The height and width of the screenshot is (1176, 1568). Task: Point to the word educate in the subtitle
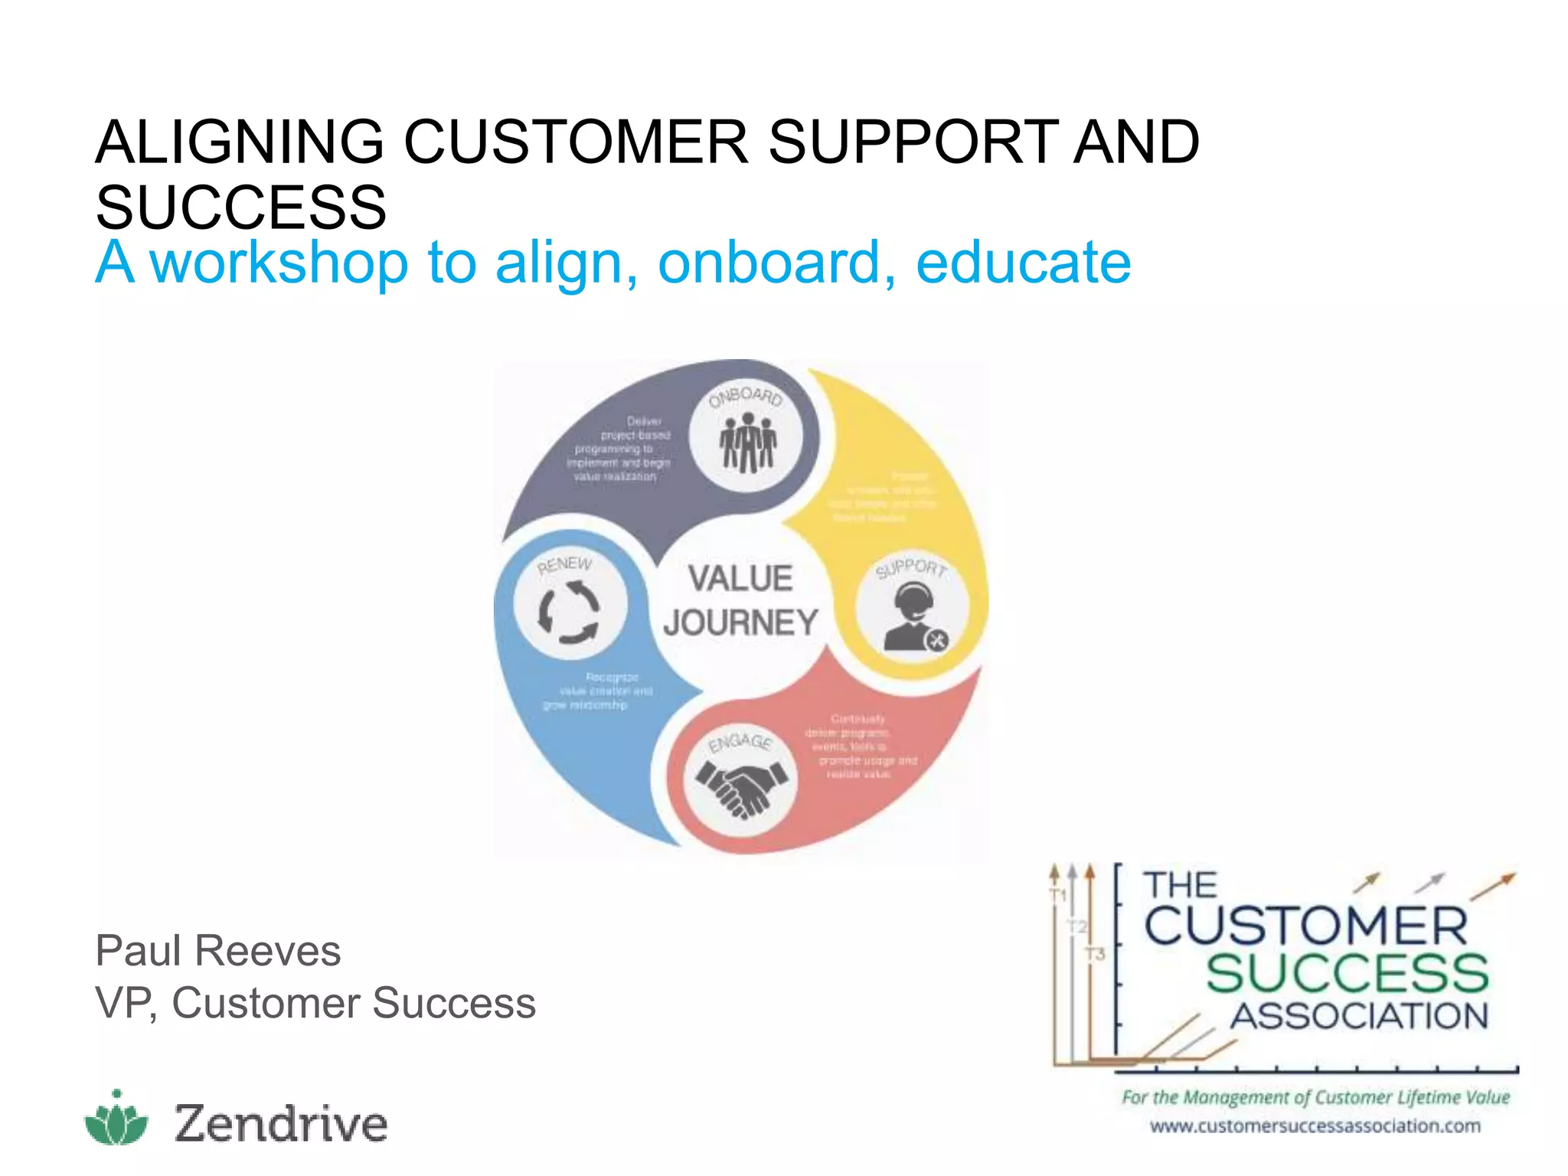(x=1023, y=263)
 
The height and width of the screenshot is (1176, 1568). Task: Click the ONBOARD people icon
(x=747, y=443)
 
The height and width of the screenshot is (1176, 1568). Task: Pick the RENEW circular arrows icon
(x=569, y=611)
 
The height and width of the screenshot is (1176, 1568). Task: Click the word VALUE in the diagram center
(x=740, y=579)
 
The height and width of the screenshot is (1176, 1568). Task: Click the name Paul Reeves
(x=218, y=951)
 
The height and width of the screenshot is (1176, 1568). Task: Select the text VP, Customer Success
(x=315, y=1003)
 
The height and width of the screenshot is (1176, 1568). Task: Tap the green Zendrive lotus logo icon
(x=116, y=1119)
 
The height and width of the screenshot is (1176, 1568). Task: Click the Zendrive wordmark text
(x=281, y=1123)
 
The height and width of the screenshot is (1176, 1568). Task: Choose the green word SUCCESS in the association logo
(x=1347, y=973)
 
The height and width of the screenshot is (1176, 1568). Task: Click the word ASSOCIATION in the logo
(x=1359, y=1017)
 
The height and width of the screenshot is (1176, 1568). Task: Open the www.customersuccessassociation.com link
(x=1315, y=1126)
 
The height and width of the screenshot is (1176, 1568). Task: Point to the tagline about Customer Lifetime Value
(x=1315, y=1098)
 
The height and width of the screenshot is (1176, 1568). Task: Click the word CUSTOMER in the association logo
(x=1305, y=926)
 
